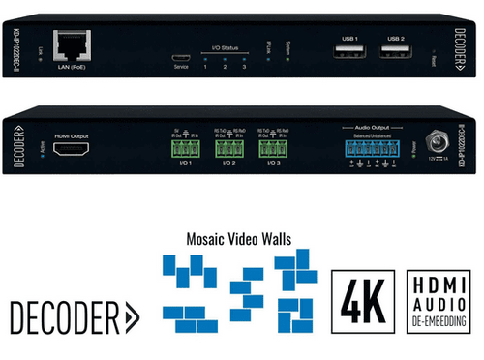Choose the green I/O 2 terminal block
[x=229, y=149]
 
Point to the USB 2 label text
[x=391, y=37]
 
